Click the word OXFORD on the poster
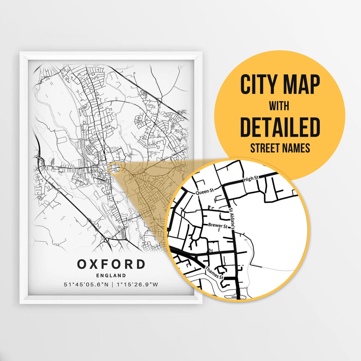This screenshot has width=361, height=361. tap(111, 264)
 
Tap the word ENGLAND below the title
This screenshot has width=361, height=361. tap(111, 276)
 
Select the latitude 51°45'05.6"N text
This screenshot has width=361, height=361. tap(86, 285)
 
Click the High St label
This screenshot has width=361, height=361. tap(249, 179)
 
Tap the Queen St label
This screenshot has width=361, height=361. tap(204, 192)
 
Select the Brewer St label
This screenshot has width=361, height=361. tap(218, 226)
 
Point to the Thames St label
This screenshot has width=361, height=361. tap(214, 272)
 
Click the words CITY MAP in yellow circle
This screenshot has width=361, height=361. tap(280, 85)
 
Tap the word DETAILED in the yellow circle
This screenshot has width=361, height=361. tap(280, 127)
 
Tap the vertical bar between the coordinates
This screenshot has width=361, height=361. tap(113, 285)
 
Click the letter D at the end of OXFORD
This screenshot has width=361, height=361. tap(140, 264)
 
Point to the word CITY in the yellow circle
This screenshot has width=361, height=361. tap(256, 85)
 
